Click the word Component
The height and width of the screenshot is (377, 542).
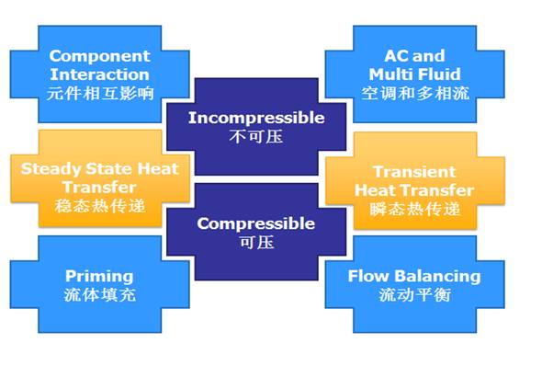[99, 56]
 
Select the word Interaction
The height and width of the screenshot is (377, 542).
[99, 74]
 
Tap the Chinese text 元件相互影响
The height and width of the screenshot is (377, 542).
[100, 94]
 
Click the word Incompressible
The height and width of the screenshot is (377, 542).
[256, 119]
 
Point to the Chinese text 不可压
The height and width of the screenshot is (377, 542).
[256, 137]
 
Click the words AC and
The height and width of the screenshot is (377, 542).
[414, 56]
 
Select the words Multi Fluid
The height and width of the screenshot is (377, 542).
[414, 74]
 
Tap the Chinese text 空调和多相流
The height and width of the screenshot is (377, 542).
[415, 94]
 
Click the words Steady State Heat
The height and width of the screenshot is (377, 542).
[99, 169]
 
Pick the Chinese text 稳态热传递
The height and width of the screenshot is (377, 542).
[99, 206]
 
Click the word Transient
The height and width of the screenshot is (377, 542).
[414, 172]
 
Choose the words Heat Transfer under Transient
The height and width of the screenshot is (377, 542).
[414, 190]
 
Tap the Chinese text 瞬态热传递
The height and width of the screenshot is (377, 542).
[415, 210]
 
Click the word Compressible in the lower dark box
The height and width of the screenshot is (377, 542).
[256, 223]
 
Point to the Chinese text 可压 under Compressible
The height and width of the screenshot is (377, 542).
[257, 243]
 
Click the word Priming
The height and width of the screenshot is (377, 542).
[99, 277]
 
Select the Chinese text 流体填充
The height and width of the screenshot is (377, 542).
[100, 295]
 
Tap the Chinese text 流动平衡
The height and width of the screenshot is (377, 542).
[415, 295]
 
